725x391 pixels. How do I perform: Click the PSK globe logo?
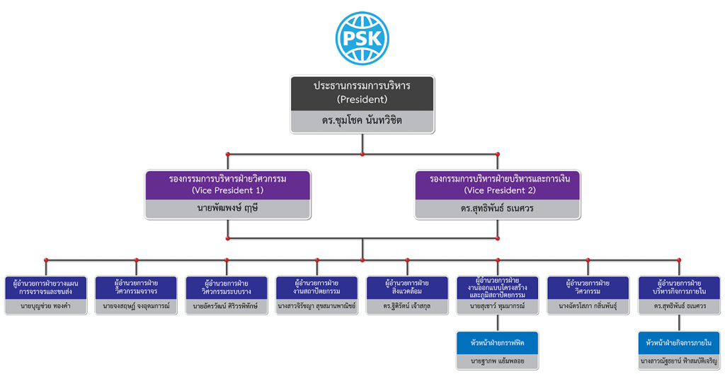pyautogui.click(x=362, y=38)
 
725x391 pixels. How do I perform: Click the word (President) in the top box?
pyautogui.click(x=362, y=99)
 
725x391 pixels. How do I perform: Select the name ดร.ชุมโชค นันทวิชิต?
pyautogui.click(x=362, y=121)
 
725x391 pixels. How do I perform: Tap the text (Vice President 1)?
pyautogui.click(x=227, y=190)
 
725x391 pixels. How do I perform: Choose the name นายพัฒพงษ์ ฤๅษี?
pyautogui.click(x=227, y=208)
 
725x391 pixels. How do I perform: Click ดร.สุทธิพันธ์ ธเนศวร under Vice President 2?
pyautogui.click(x=497, y=209)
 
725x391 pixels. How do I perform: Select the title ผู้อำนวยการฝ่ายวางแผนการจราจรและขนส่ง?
pyautogui.click(x=46, y=287)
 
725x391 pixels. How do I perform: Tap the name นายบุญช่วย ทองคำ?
pyautogui.click(x=46, y=306)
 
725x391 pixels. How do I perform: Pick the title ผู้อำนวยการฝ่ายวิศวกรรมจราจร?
pyautogui.click(x=137, y=287)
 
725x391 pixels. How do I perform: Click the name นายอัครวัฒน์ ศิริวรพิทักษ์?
pyautogui.click(x=227, y=306)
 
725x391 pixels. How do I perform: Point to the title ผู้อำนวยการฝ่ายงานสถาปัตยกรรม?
pyautogui.click(x=316, y=287)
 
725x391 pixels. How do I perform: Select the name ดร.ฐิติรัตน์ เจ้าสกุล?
pyautogui.click(x=407, y=306)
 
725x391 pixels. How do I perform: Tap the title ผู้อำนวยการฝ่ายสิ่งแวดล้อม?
pyautogui.click(x=407, y=287)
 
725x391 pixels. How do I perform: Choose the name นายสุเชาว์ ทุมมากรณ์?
pyautogui.click(x=498, y=306)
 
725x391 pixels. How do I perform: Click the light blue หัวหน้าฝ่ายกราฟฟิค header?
pyautogui.click(x=498, y=343)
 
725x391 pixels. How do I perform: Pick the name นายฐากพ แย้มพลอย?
pyautogui.click(x=498, y=361)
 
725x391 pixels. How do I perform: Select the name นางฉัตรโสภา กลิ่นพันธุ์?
pyautogui.click(x=588, y=306)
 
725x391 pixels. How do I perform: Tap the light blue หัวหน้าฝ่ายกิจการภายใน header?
pyautogui.click(x=679, y=343)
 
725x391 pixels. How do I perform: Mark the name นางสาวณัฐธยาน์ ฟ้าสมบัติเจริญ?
pyautogui.click(x=679, y=361)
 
